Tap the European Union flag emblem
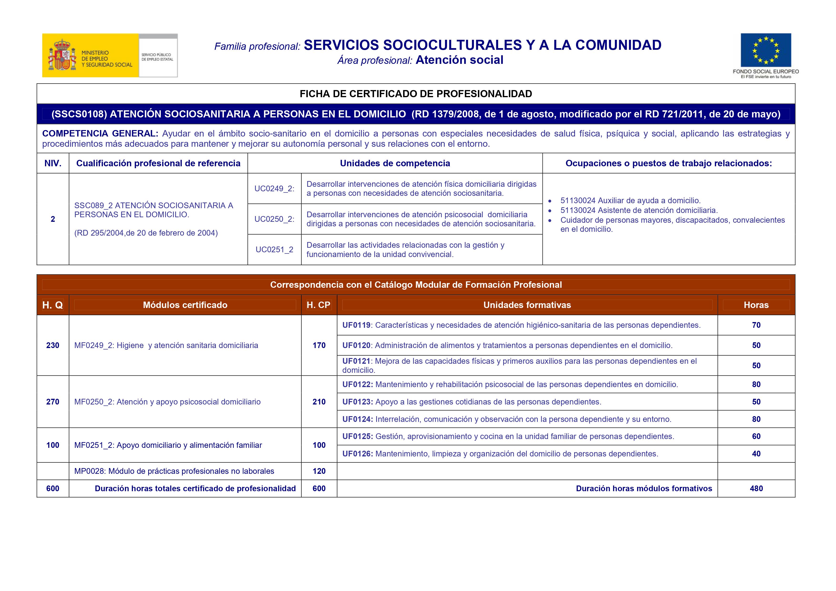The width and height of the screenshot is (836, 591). pyautogui.click(x=766, y=50)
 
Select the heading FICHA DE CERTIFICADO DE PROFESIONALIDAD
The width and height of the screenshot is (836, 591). pyautogui.click(x=416, y=94)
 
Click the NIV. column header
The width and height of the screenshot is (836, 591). pyautogui.click(x=53, y=163)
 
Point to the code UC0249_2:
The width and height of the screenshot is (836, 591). pyautogui.click(x=274, y=189)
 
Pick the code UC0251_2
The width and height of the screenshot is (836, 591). pyautogui.click(x=274, y=250)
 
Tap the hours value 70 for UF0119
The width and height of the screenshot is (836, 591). pyautogui.click(x=756, y=325)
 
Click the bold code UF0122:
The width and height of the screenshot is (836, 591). pyautogui.click(x=358, y=384)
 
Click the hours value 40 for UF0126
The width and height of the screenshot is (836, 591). pyautogui.click(x=756, y=454)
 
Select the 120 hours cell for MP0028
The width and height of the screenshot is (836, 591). pyautogui.click(x=319, y=471)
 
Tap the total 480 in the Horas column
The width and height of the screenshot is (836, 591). pyautogui.click(x=756, y=489)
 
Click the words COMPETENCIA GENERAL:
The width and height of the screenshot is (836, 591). pyautogui.click(x=100, y=134)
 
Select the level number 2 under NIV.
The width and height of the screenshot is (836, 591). pyautogui.click(x=53, y=219)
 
